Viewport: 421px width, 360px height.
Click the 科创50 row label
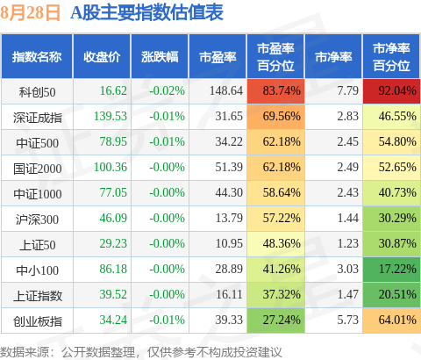pyautogui.click(x=37, y=92)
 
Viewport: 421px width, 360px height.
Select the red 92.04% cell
pyautogui.click(x=391, y=91)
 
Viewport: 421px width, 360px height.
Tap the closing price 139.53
pyautogui.click(x=111, y=116)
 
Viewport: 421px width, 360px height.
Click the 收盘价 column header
pyautogui.click(x=102, y=57)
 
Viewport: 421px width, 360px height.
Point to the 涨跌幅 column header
pyautogui.click(x=160, y=57)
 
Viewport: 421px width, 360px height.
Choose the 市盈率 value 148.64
pyautogui.click(x=226, y=90)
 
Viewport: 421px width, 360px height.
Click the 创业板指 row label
pyautogui.click(x=38, y=321)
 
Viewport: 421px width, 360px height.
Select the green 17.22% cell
pyautogui.click(x=391, y=270)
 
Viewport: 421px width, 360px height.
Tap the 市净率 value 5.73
pyautogui.click(x=347, y=320)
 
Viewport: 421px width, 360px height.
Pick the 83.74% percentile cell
pyautogui.click(x=275, y=91)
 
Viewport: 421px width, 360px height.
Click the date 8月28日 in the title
pyautogui.click(x=30, y=13)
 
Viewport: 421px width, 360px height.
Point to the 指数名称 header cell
pyautogui.click(x=37, y=56)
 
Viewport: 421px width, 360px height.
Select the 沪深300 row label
pyautogui.click(x=37, y=220)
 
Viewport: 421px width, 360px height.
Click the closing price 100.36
pyautogui.click(x=111, y=167)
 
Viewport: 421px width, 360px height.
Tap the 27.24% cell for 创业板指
pyautogui.click(x=275, y=320)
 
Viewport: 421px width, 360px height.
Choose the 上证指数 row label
pyautogui.click(x=38, y=296)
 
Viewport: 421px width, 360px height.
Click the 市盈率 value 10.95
pyautogui.click(x=229, y=243)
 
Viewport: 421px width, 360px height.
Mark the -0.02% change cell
pyautogui.click(x=167, y=90)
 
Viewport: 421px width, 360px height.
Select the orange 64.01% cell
pyautogui.click(x=391, y=320)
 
